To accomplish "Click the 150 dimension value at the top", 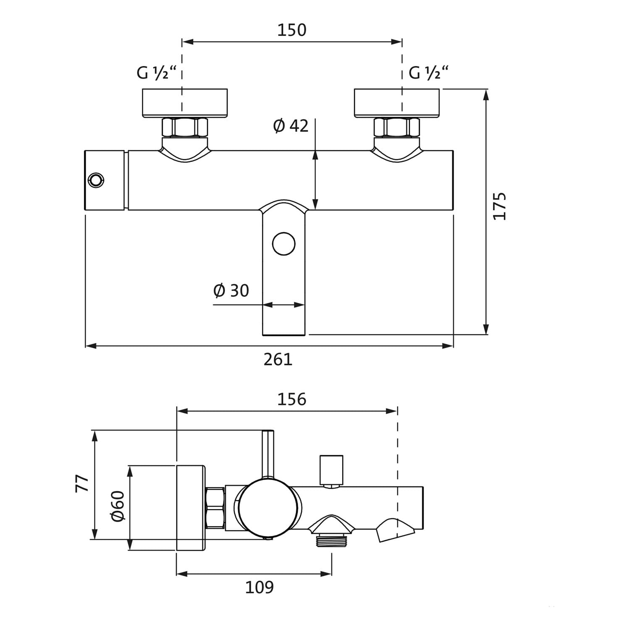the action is click(291, 30).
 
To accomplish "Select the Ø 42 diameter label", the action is click(291, 126).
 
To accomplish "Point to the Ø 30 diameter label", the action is click(231, 290).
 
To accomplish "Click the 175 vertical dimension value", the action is click(499, 206).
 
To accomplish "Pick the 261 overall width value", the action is click(278, 359).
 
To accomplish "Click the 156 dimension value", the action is click(291, 399).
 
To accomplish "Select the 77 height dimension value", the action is click(82, 483).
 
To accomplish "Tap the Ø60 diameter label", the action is click(118, 506).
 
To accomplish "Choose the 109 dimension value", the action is click(259, 587).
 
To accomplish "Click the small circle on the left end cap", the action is click(96, 180).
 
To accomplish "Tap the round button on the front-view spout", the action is click(283, 244).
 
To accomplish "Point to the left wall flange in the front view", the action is click(185, 103).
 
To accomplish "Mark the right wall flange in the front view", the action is click(397, 103).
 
